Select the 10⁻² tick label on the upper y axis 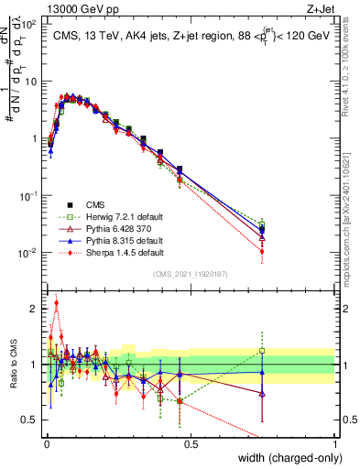(30, 252)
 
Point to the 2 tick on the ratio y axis (37, 308)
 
